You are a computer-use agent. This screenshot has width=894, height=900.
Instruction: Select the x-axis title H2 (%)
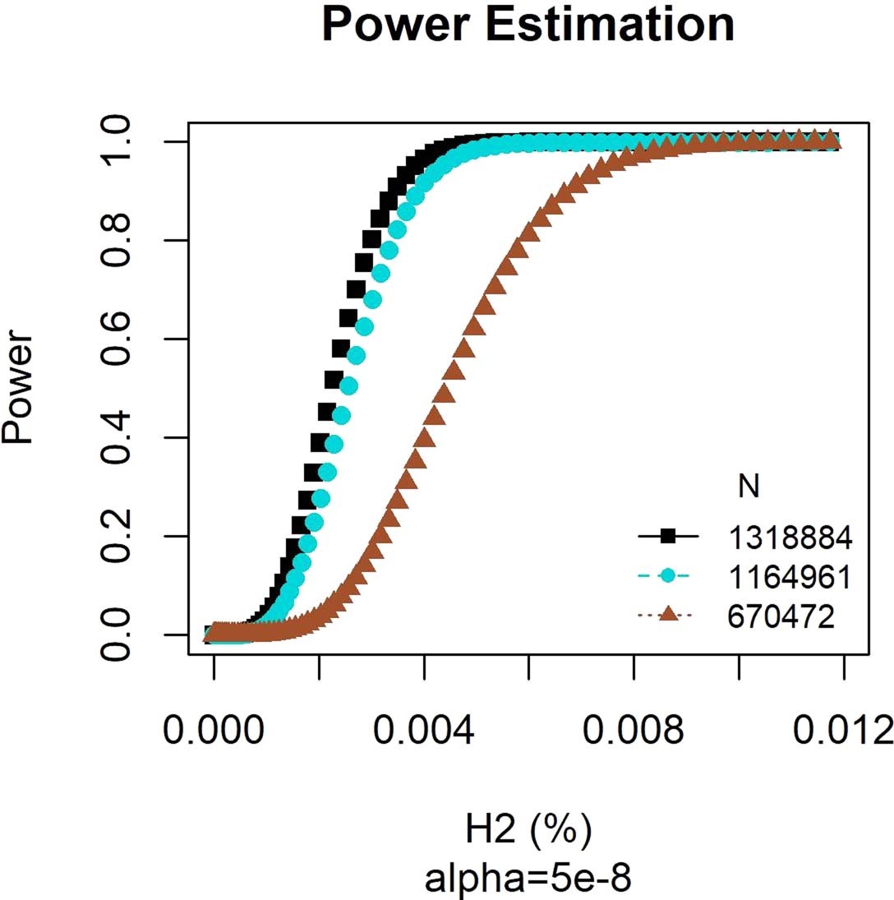point(528,831)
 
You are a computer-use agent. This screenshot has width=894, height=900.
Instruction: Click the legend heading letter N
point(748,487)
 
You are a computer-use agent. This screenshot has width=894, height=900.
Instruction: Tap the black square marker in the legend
point(668,537)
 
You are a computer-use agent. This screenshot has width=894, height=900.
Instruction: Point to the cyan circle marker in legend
point(668,576)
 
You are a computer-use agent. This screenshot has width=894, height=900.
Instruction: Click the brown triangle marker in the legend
point(668,615)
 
